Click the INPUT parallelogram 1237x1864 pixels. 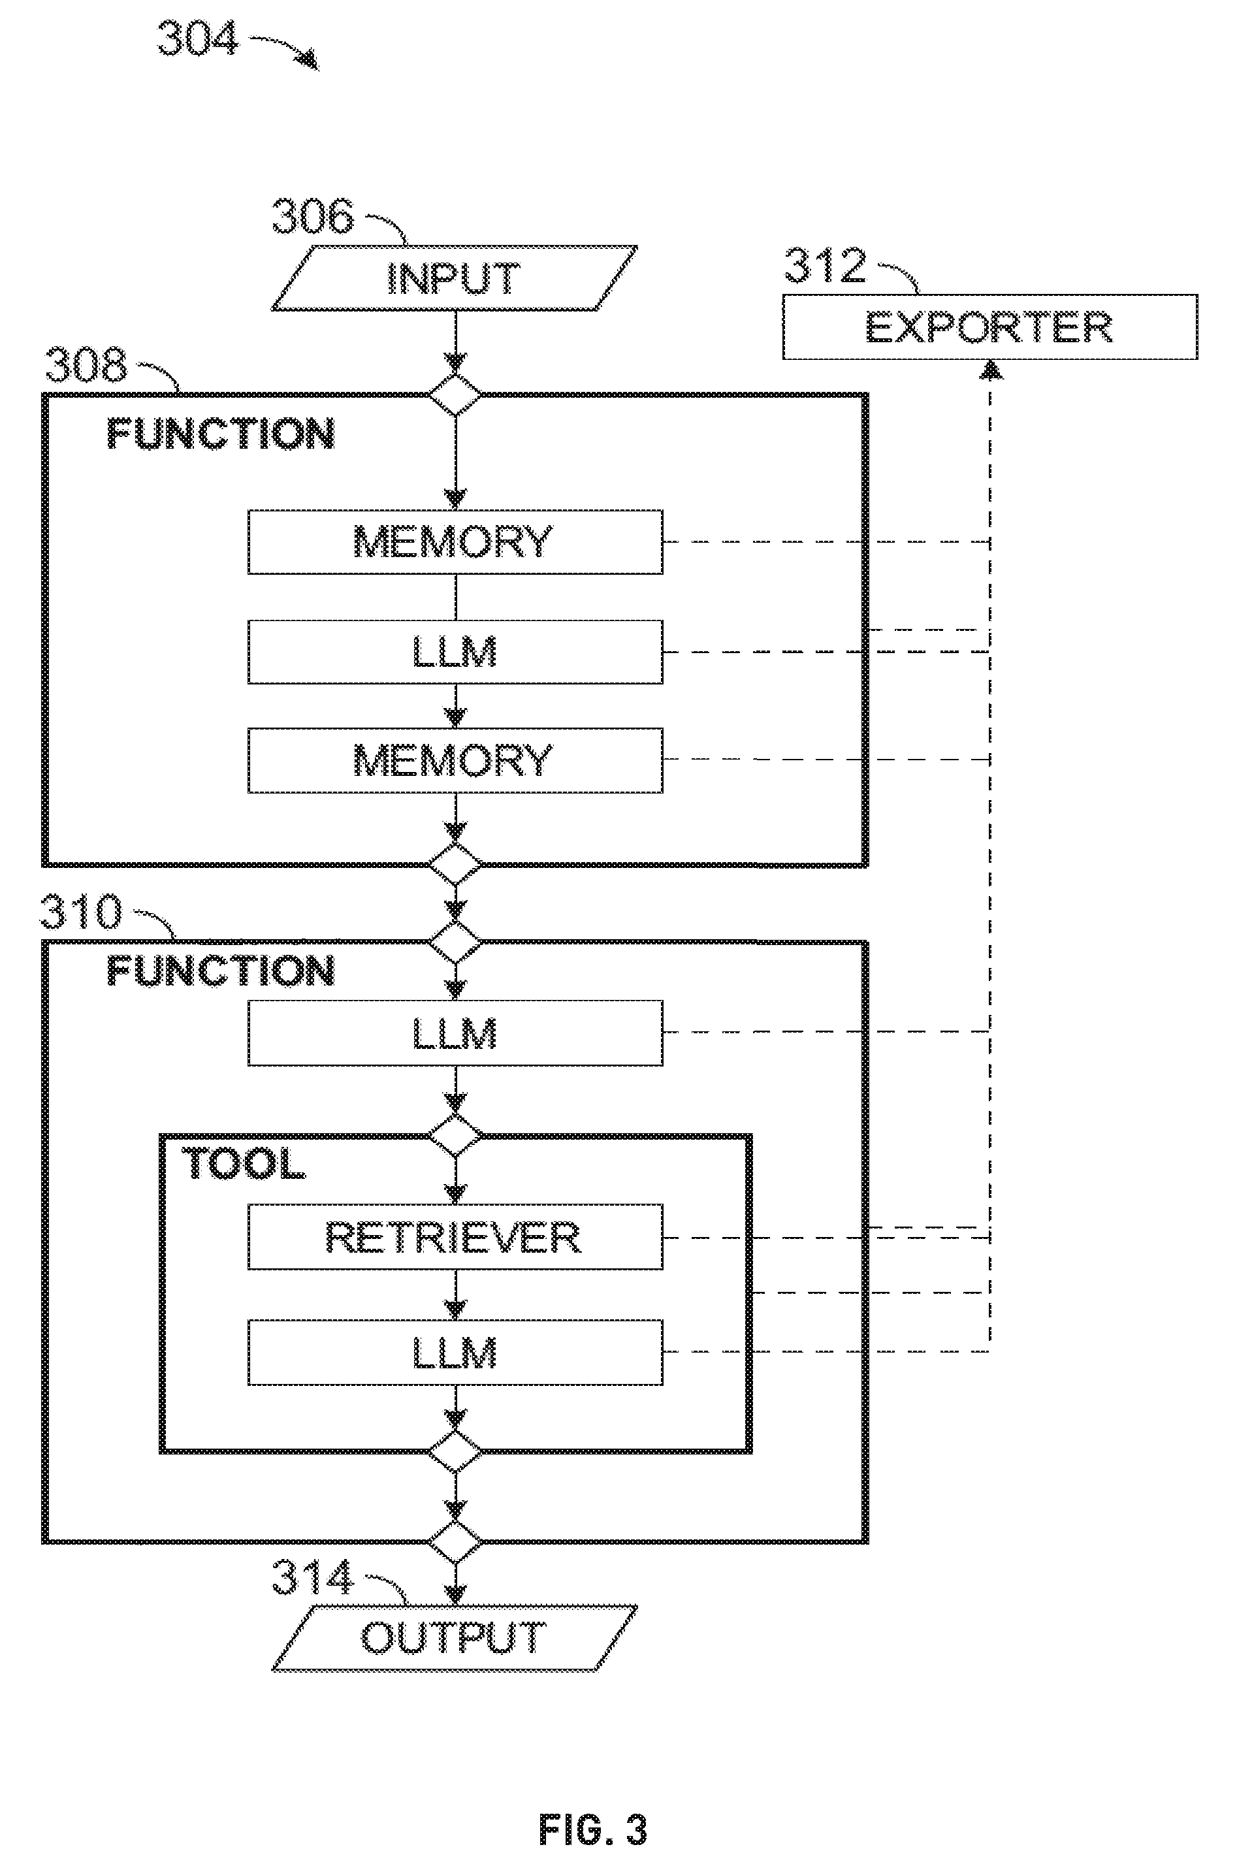pyautogui.click(x=455, y=278)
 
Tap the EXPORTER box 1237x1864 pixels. pyautogui.click(x=990, y=327)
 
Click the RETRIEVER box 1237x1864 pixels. pyautogui.click(x=455, y=1237)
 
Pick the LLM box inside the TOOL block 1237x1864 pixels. pyautogui.click(x=455, y=1352)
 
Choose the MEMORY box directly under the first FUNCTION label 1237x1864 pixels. pyautogui.click(x=455, y=542)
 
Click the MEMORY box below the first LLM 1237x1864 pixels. pyautogui.click(x=455, y=760)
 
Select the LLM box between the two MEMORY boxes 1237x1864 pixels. pyautogui.click(x=455, y=652)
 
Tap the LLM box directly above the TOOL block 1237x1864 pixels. pyautogui.click(x=455, y=1033)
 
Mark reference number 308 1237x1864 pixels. pyautogui.click(x=86, y=364)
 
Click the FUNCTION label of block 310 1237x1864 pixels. pyautogui.click(x=221, y=971)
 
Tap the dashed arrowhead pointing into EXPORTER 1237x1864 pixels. pyautogui.click(x=991, y=369)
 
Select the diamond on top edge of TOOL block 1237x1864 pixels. pyautogui.click(x=455, y=1136)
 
